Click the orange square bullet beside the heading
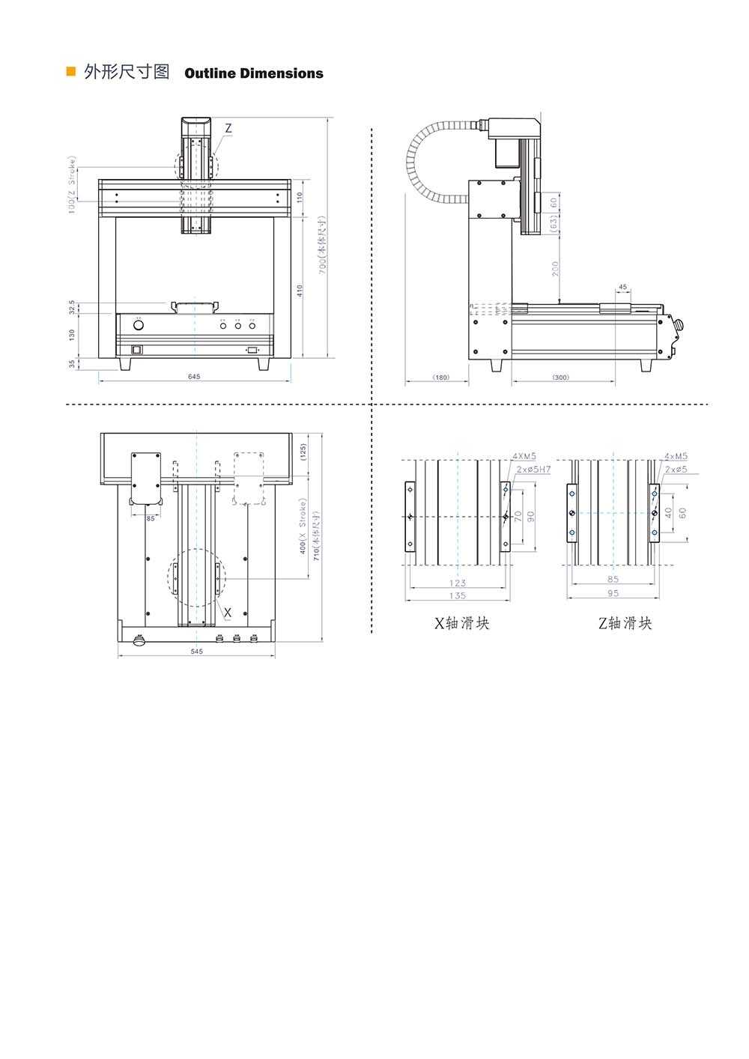[x=71, y=73]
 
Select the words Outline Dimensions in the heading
[x=253, y=73]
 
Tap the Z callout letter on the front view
[x=228, y=129]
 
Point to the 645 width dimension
[x=194, y=377]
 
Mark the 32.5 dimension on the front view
[x=73, y=307]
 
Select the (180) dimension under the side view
[x=440, y=377]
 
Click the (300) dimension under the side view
[x=560, y=377]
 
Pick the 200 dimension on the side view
[x=555, y=268]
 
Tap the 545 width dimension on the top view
[x=196, y=652]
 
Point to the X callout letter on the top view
[x=228, y=613]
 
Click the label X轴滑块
[x=462, y=623]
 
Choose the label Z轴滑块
[x=625, y=623]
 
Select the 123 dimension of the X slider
[x=458, y=583]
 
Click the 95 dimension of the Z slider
[x=613, y=593]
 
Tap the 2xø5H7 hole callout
[x=533, y=470]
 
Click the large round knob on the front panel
[x=139, y=325]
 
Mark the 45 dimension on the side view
[x=622, y=287]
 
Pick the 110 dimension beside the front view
[x=300, y=197]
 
